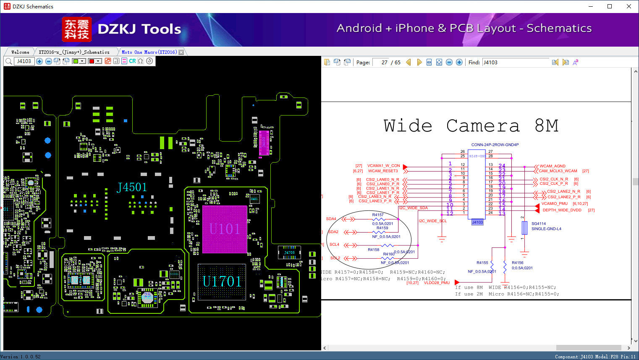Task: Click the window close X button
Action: click(629, 6)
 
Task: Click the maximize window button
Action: click(610, 6)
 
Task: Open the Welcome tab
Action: click(20, 52)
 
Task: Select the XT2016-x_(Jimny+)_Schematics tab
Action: click(74, 52)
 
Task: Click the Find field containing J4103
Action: click(515, 62)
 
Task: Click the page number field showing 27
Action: click(381, 62)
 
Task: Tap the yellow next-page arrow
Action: click(419, 62)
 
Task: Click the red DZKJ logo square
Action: click(76, 29)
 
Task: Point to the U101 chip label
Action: click(225, 229)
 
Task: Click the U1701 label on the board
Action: click(222, 281)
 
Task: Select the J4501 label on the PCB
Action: click(132, 187)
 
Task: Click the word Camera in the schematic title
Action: click(483, 126)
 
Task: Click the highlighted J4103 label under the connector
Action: click(477, 222)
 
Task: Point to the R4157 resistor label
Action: click(378, 215)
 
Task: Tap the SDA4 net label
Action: click(331, 219)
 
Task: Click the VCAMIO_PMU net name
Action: click(554, 204)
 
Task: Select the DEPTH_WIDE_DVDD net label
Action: click(562, 210)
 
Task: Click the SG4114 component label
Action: click(539, 223)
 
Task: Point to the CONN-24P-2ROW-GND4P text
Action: click(495, 145)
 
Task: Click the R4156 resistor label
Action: click(517, 263)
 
